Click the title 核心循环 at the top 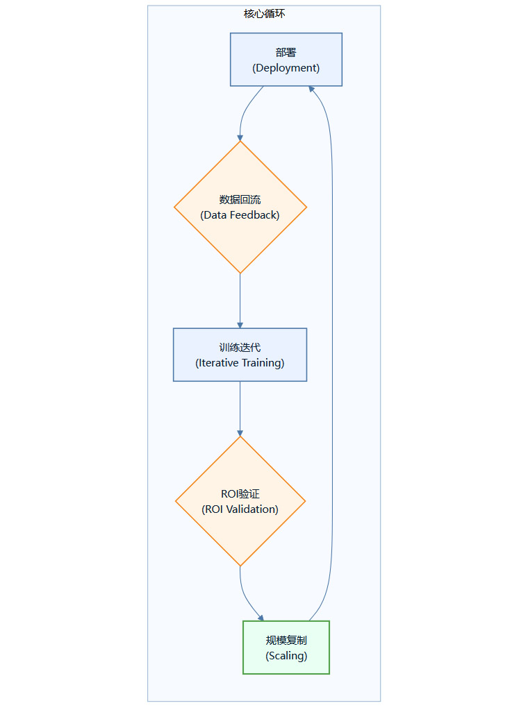point(264,14)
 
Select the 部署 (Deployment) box point(286,60)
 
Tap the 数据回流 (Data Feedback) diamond point(240,207)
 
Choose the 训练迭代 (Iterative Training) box point(240,355)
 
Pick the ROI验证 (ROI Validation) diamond point(240,501)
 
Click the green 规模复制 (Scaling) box point(286,648)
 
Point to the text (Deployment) point(286,68)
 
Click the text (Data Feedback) point(240,215)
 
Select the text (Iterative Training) point(240,363)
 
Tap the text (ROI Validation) point(240,509)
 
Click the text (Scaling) point(286,656)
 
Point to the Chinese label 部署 point(286,52)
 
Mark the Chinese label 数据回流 point(240,200)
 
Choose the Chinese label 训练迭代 point(240,347)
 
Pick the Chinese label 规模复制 point(286,640)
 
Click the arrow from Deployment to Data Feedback point(245,111)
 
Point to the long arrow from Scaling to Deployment point(332,347)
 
